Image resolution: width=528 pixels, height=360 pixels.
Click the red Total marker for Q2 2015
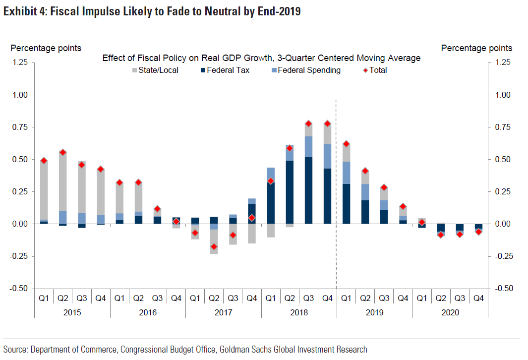pos(63,152)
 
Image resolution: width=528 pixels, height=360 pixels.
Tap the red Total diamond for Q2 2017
pos(214,246)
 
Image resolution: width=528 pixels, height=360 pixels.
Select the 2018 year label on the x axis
pos(299,312)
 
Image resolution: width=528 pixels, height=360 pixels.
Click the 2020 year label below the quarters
pos(450,312)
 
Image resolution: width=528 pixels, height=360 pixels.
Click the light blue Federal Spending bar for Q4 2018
pos(327,156)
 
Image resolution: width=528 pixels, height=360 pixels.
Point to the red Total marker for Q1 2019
pos(346,144)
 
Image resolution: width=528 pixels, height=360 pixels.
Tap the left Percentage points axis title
pos(46,48)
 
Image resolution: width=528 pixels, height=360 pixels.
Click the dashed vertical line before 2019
pos(337,198)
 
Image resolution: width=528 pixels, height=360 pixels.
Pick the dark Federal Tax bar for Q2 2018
pos(290,192)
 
